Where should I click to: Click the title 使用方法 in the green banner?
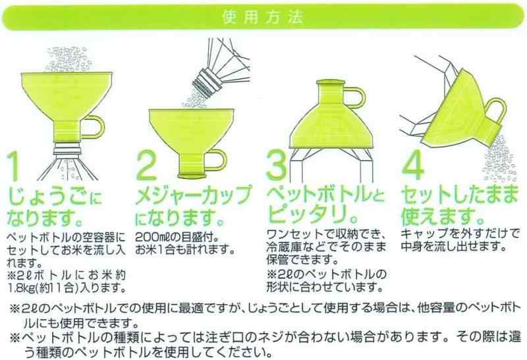click(x=263, y=18)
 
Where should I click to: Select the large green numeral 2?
click(x=147, y=165)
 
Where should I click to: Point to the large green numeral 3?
click(x=277, y=165)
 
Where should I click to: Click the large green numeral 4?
click(x=414, y=165)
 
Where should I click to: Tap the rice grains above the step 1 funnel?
click(x=67, y=60)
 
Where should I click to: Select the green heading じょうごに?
click(x=55, y=197)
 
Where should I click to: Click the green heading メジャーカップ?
click(x=193, y=195)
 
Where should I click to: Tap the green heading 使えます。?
click(x=442, y=215)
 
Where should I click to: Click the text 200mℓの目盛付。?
click(x=177, y=238)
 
